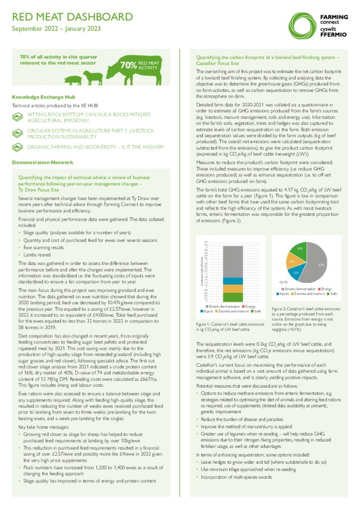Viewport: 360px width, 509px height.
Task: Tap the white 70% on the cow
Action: point(128,66)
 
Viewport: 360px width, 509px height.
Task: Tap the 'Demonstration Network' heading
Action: point(42,163)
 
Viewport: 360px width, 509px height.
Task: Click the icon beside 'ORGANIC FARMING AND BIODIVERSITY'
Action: point(18,147)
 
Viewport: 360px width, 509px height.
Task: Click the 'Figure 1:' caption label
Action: point(205,324)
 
